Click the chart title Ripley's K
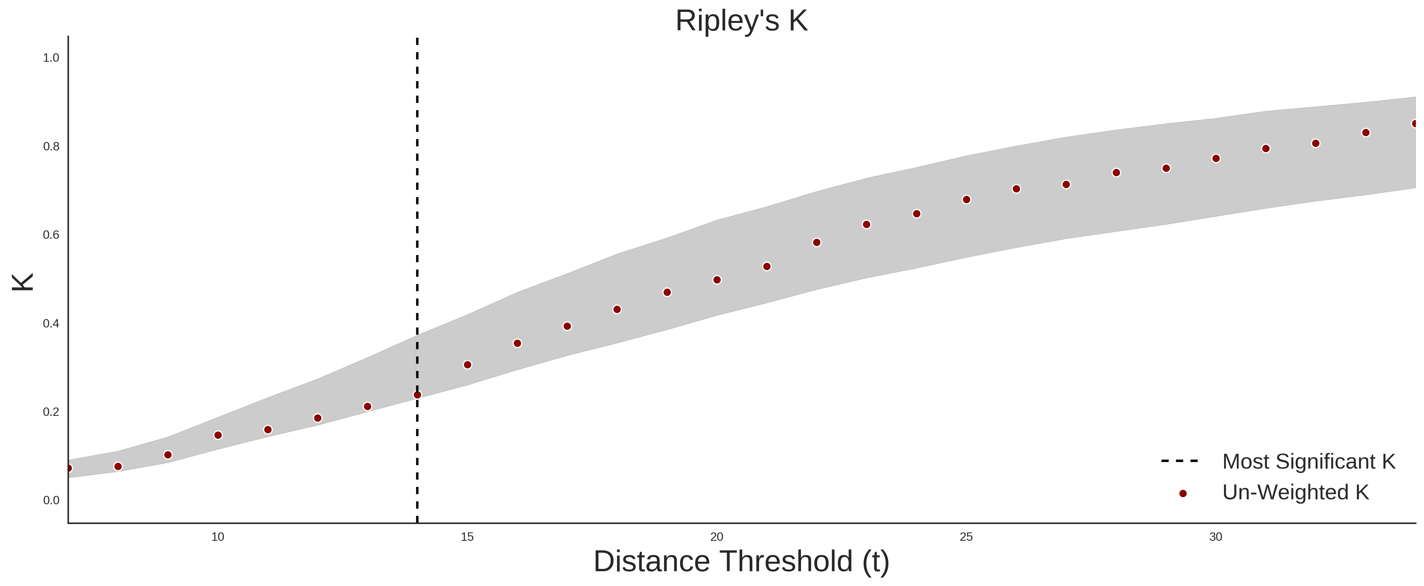coord(741,21)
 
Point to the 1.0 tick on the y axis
coord(51,58)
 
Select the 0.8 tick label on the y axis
coord(51,147)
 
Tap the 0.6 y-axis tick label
coord(51,235)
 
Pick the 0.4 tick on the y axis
coord(51,323)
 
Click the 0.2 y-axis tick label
coord(51,412)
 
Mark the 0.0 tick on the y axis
coord(51,500)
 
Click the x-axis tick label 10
coord(218,537)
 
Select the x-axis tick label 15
coord(467,537)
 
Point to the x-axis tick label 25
coord(966,537)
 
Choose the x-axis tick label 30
coord(1216,537)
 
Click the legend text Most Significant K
coord(1308,462)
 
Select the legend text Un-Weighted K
coord(1295,492)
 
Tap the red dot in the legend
coord(1182,494)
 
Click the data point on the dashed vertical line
coord(417,395)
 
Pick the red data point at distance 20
coord(717,280)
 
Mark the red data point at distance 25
coord(966,200)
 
